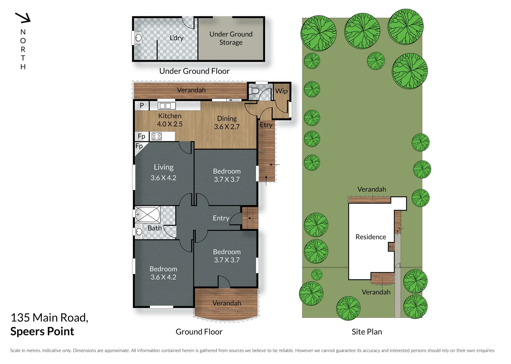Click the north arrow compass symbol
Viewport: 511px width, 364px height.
point(23,18)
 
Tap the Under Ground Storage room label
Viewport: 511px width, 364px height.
point(231,38)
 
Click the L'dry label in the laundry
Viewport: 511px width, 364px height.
point(176,38)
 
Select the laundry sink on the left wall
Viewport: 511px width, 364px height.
point(138,38)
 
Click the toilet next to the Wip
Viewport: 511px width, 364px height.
point(255,91)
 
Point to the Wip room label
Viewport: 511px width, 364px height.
point(281,91)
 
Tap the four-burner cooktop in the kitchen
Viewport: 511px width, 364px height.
point(156,136)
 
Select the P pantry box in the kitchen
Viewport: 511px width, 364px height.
point(142,105)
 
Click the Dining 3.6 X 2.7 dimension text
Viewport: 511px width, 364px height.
point(227,127)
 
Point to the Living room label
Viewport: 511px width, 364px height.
point(163,167)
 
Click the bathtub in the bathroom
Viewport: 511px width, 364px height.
point(148,214)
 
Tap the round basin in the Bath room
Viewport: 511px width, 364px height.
point(139,232)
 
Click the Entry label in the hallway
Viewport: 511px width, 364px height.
point(221,218)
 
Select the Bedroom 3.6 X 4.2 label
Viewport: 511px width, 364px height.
point(163,273)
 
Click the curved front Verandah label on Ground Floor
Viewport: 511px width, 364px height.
point(227,303)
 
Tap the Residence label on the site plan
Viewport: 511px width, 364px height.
point(371,237)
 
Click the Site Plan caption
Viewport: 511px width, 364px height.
point(367,332)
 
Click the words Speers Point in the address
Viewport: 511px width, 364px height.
point(42,331)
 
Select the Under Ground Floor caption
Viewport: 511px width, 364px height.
point(194,71)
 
